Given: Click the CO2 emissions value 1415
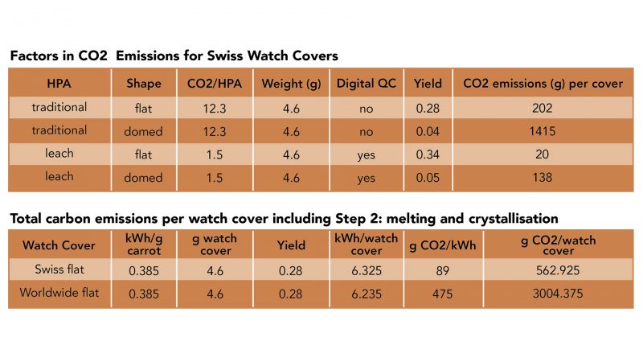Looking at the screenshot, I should pyautogui.click(x=543, y=130).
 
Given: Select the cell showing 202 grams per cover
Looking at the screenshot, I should pyautogui.click(x=543, y=107).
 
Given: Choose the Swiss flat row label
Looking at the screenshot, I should pyautogui.click(x=58, y=271).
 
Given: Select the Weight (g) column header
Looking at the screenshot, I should pyautogui.click(x=290, y=84).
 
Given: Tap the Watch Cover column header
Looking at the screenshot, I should pyautogui.click(x=59, y=245).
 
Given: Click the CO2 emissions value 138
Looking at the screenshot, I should pyautogui.click(x=543, y=178).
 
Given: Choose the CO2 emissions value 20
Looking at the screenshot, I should pyautogui.click(x=543, y=154).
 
